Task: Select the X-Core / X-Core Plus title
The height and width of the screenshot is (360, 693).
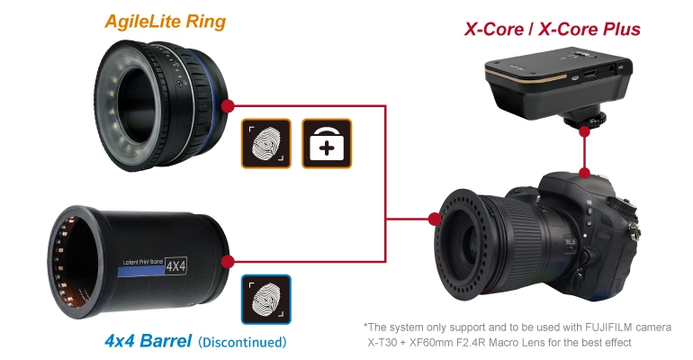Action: click(552, 29)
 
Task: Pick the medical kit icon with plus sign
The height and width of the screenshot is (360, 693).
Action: click(326, 142)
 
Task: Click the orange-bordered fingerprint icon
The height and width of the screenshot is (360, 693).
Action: click(265, 142)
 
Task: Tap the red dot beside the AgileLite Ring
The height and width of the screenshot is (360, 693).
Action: click(228, 107)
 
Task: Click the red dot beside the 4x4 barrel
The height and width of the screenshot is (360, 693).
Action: click(228, 261)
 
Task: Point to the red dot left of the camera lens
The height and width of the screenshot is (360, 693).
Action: click(436, 217)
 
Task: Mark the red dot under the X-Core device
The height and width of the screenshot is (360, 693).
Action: click(586, 131)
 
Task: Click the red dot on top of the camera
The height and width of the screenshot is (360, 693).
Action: click(586, 172)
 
